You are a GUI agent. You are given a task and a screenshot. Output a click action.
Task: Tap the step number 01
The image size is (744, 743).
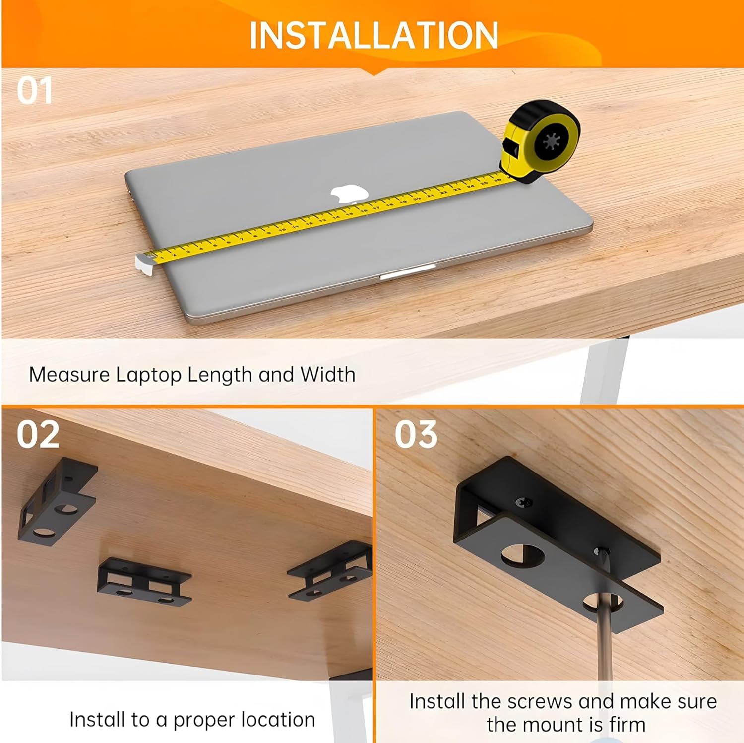(34, 91)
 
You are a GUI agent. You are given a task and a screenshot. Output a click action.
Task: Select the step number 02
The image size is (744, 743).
(38, 434)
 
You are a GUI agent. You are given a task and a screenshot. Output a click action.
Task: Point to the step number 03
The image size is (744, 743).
(416, 434)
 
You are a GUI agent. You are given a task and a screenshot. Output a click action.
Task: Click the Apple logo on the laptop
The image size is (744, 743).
(350, 194)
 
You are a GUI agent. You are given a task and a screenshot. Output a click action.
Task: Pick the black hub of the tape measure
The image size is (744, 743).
(551, 142)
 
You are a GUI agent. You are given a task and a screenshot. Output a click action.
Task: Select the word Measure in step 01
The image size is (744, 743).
(69, 374)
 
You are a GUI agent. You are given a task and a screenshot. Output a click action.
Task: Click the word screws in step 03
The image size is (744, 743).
(535, 702)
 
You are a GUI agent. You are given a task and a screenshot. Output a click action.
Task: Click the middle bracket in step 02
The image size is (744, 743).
(144, 581)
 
